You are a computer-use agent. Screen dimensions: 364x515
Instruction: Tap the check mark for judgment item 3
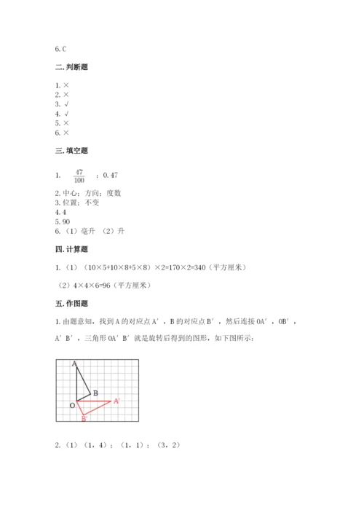(66, 104)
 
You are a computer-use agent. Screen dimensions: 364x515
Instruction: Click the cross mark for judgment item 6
(66, 133)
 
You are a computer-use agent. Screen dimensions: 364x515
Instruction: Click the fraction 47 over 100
(79, 176)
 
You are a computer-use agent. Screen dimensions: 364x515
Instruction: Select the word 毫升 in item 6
(85, 231)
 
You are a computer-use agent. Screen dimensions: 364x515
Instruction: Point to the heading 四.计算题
(71, 250)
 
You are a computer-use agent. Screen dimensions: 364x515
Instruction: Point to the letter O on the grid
(72, 405)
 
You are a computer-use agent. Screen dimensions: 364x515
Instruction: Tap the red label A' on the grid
(116, 401)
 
